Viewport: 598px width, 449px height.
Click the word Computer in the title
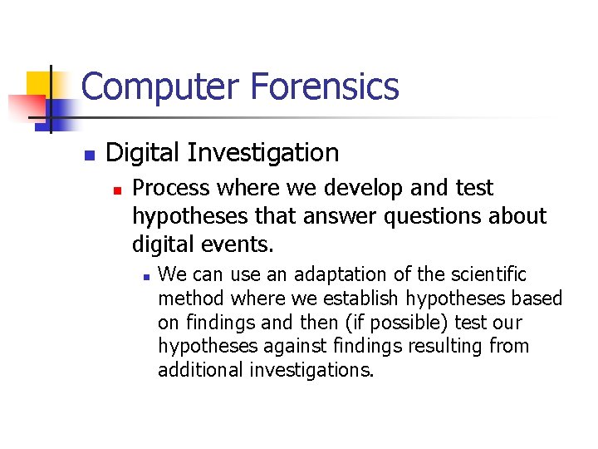(x=141, y=86)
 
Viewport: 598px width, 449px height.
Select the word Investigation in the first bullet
(x=263, y=153)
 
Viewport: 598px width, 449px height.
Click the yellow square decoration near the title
(x=39, y=83)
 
